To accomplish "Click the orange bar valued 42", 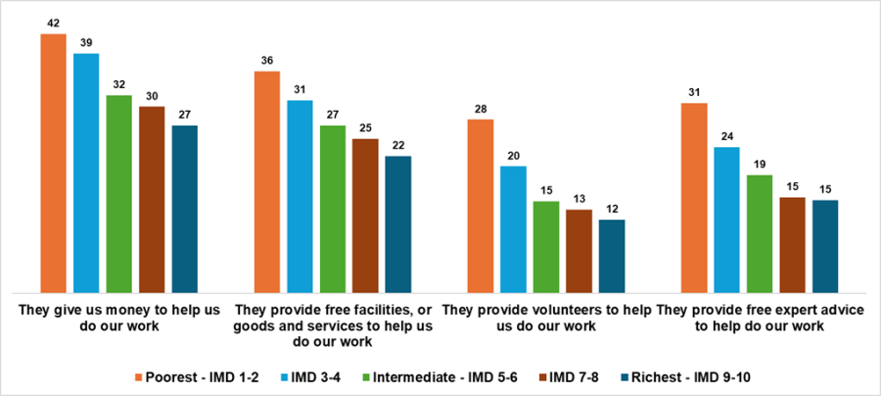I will [53, 163].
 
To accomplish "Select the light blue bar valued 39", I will [86, 173].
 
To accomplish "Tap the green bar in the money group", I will [118, 193].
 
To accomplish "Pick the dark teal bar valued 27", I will [184, 209].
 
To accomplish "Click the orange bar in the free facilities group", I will [266, 181].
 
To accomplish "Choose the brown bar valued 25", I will [365, 215].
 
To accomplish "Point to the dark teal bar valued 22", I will [398, 223].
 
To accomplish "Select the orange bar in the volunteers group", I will [480, 206].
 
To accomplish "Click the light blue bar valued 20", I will [513, 229].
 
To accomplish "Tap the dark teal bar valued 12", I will [612, 255].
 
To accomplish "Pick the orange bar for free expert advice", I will [694, 197].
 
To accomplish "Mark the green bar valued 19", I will [760, 233].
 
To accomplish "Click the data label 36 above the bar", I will [266, 61].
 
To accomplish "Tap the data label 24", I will [726, 137].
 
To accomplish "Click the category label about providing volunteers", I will [546, 318].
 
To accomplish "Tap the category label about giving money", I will [118, 318].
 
